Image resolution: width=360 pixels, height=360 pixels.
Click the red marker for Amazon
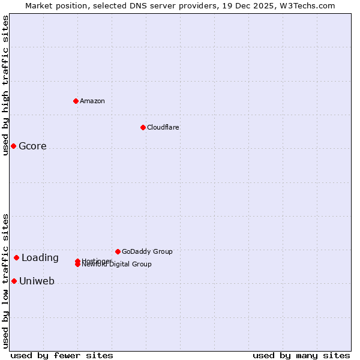coord(76,101)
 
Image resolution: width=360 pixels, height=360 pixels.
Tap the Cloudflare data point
coord(143,127)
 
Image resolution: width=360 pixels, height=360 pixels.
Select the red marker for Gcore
coord(13,146)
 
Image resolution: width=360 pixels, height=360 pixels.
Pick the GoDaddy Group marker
coord(118,251)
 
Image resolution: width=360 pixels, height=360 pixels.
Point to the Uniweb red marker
coord(14,281)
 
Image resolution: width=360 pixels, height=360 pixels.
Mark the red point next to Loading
coord(16,258)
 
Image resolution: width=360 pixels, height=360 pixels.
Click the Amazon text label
coord(92,101)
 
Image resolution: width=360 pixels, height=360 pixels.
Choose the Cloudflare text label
coord(163,127)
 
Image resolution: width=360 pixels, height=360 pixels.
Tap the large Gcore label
coord(32,146)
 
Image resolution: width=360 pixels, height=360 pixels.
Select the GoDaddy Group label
coord(147,251)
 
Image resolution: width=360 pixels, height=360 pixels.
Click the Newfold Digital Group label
coord(118,265)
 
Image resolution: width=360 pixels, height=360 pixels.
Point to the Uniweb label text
coord(37,281)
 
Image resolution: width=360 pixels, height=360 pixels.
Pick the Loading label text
coord(40,258)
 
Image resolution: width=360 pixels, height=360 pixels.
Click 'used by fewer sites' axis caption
coord(62,355)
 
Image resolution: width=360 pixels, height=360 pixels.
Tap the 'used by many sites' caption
coord(301,355)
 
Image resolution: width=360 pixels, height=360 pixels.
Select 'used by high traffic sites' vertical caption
coord(5,85)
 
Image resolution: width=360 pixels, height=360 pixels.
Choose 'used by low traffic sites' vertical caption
coord(5,281)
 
